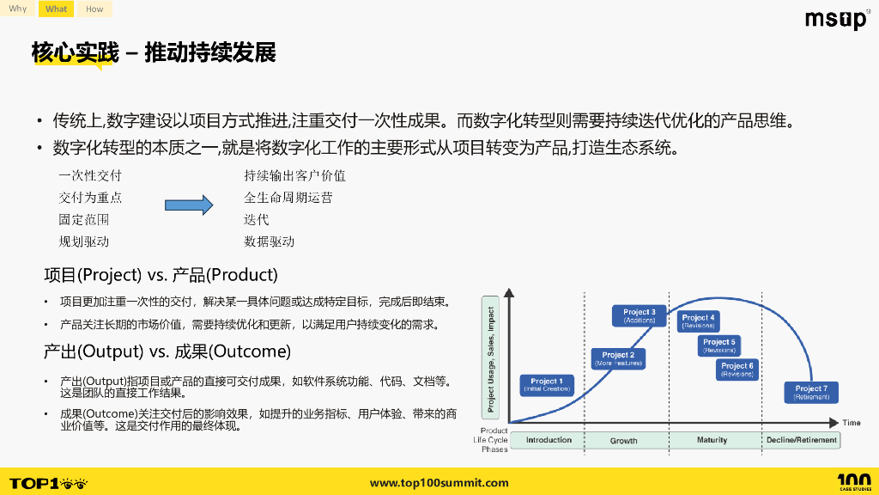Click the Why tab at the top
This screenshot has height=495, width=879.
[x=18, y=9]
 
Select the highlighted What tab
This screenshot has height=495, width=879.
[x=57, y=9]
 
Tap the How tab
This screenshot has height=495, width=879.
[x=94, y=9]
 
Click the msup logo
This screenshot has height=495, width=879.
[x=836, y=19]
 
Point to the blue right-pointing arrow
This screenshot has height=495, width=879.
[x=188, y=205]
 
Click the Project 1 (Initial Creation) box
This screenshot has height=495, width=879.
[x=547, y=385]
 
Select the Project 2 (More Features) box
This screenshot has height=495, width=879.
[x=618, y=358]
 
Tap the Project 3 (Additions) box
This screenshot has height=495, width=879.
[x=640, y=315]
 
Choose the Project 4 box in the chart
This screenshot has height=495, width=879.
[x=699, y=321]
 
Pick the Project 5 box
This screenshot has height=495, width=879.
[x=719, y=345]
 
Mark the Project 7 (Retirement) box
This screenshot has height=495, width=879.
[x=811, y=393]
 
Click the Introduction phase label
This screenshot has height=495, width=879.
[x=549, y=440]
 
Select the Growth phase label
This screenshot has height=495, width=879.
[x=624, y=440]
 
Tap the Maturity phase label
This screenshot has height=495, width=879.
[x=712, y=440]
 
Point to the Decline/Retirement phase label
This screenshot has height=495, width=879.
[x=801, y=440]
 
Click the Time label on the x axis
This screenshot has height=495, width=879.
[x=851, y=423]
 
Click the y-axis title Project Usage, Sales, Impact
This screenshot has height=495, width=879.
[x=492, y=357]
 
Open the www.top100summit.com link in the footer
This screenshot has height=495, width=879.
[x=439, y=483]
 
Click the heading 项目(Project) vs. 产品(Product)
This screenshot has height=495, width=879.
[x=161, y=275]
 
